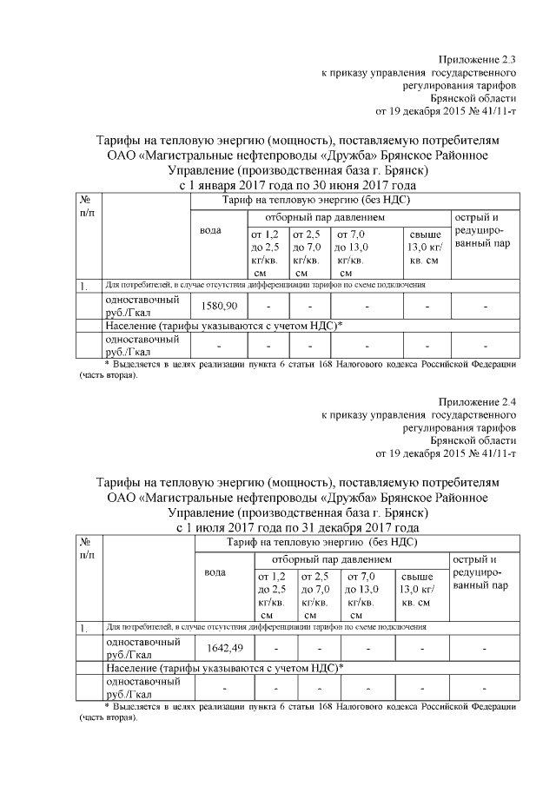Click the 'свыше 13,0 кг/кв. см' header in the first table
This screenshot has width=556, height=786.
[x=425, y=248]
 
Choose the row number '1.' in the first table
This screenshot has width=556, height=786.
[x=84, y=285]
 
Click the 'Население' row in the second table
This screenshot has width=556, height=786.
[x=224, y=668]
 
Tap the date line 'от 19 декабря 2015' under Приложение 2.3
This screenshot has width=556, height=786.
[x=445, y=112]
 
